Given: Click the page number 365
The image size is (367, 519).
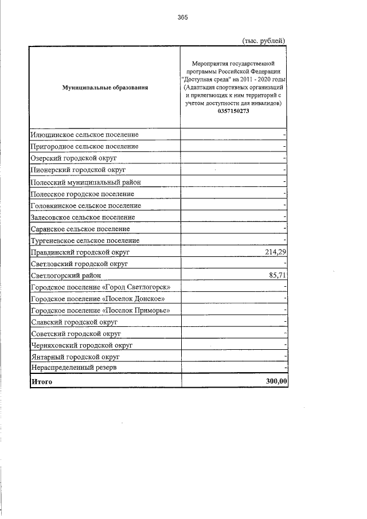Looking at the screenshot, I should tap(183, 17).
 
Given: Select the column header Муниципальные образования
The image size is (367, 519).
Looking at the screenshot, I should tap(105, 88).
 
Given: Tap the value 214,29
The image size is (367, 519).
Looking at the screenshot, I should tap(273, 252).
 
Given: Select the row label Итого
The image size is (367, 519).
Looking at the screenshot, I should tap(42, 381).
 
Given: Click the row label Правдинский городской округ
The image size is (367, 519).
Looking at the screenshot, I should tap(81, 252).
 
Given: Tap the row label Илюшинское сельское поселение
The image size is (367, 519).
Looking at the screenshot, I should tap(84, 135).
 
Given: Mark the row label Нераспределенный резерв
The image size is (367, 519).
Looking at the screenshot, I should tap(75, 367).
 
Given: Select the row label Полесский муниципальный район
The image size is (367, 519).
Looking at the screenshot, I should tap(85, 182).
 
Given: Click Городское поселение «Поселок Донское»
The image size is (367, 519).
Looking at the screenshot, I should tap(98, 299).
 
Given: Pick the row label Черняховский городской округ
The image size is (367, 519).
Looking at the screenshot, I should tap(82, 345).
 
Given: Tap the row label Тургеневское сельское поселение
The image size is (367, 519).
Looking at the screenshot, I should tap(84, 240).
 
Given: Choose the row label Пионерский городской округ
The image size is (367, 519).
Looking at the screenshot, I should tap(79, 170).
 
